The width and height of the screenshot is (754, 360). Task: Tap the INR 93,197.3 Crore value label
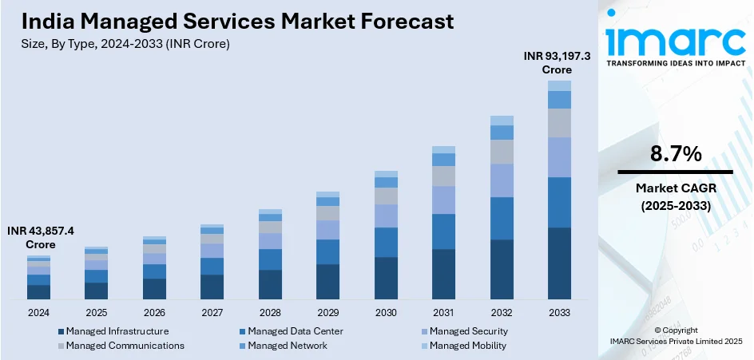[558, 63]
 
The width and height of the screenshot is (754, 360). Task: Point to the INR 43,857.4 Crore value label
[41, 237]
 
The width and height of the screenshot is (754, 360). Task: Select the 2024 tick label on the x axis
[38, 312]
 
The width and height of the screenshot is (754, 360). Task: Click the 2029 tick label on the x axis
[328, 312]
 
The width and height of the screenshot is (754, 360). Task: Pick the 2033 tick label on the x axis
[559, 312]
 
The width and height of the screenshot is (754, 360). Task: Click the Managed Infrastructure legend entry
[117, 331]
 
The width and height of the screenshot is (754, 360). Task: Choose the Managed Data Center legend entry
[295, 331]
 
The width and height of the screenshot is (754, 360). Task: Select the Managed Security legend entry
[468, 331]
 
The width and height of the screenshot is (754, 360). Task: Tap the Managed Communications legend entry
[125, 346]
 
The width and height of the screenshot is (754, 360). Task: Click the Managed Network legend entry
[287, 346]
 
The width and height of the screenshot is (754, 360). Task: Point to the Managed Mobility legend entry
[467, 346]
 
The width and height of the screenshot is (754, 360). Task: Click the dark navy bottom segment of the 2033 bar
[559, 263]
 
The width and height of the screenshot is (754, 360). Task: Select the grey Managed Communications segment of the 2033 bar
[559, 123]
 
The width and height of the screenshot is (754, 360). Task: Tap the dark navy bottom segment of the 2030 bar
[386, 278]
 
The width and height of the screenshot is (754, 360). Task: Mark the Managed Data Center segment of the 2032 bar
[502, 218]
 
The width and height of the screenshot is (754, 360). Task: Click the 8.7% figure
[676, 154]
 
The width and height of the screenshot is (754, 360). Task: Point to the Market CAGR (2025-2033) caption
[676, 196]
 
